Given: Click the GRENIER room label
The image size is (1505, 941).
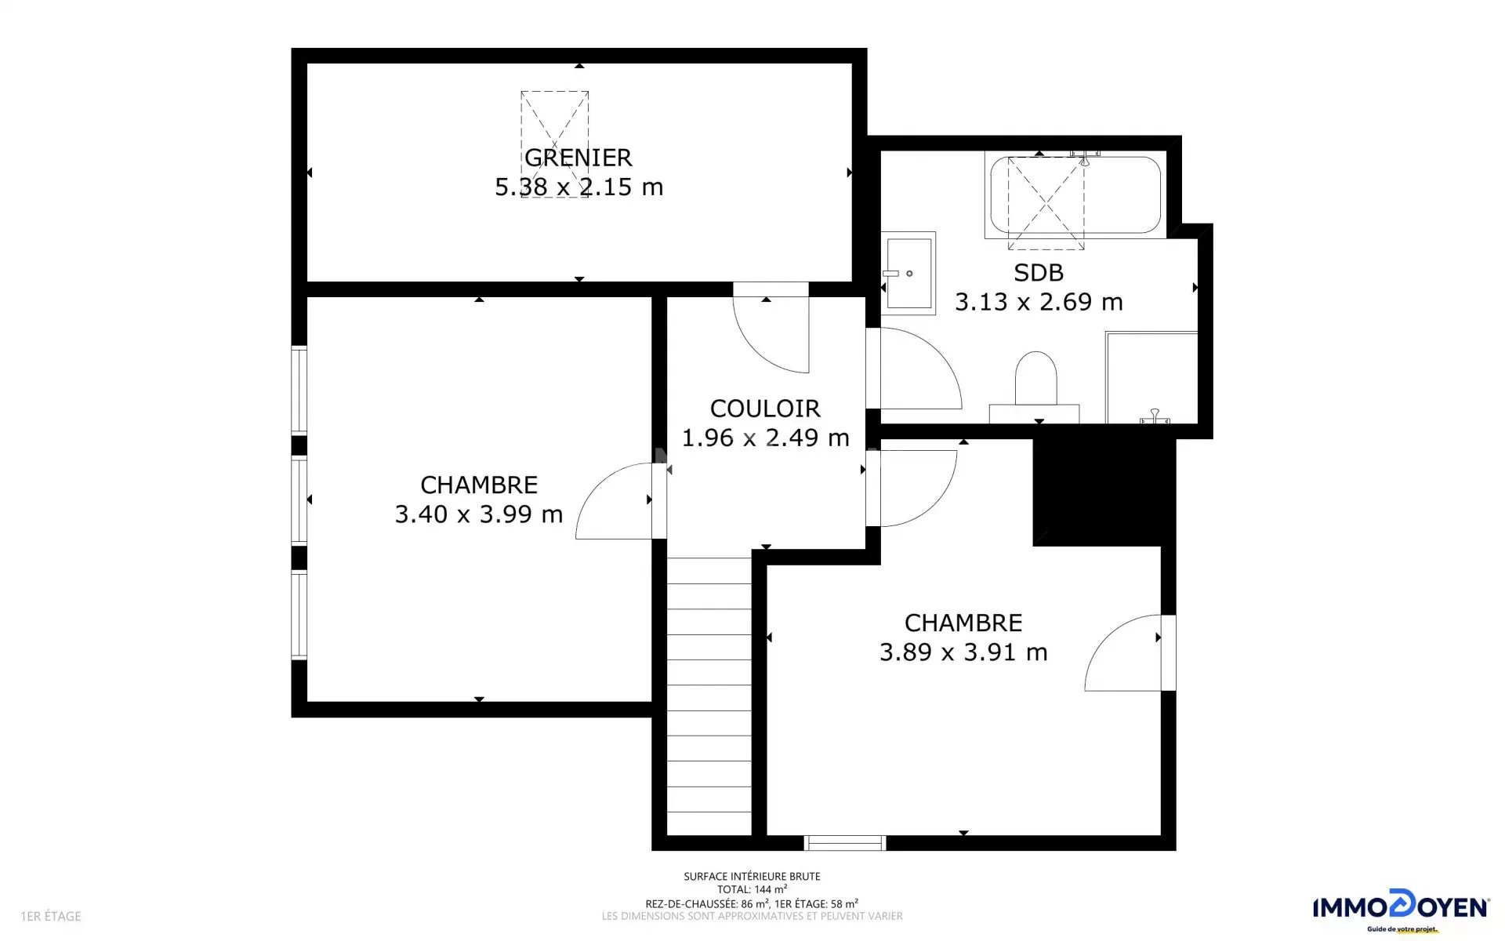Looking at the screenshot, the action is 578,158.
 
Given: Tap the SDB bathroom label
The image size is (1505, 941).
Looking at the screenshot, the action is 1039,273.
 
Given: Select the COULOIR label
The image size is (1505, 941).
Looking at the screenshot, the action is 765,409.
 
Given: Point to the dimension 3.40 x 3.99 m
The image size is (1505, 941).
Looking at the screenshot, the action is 479,514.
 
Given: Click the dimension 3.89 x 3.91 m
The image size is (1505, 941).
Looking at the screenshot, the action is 963,652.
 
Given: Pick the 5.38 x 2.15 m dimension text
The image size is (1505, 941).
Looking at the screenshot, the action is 578,187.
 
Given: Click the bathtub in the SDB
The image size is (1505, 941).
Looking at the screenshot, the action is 1075,195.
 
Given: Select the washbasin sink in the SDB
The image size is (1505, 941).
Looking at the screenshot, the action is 908,273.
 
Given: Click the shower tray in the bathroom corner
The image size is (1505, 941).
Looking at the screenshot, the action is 1151,378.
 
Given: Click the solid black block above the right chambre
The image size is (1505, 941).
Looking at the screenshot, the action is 1104,492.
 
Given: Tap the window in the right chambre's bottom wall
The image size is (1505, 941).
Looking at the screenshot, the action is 845,843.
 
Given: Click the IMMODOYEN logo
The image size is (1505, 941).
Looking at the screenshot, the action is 1401,910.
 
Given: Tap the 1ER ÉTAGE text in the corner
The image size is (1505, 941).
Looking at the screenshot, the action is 51,916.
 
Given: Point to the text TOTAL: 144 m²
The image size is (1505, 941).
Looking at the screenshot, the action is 752,889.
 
